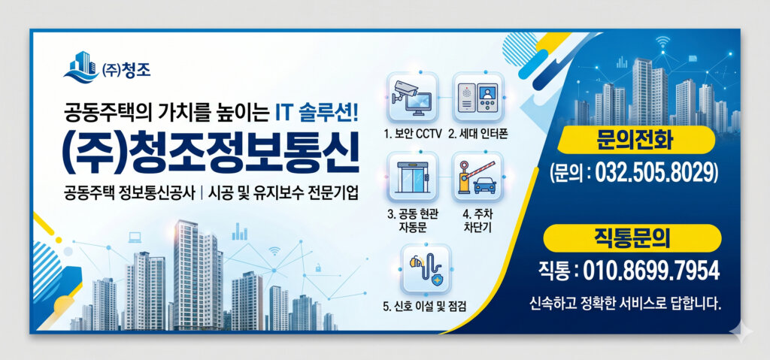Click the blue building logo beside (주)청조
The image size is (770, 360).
80,67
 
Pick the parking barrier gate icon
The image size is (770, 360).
477,177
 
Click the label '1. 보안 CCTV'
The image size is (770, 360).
412,135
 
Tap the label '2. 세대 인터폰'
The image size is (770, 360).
478,135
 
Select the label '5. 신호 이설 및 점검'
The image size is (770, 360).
425,306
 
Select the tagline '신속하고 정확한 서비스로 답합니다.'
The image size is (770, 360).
626,304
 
